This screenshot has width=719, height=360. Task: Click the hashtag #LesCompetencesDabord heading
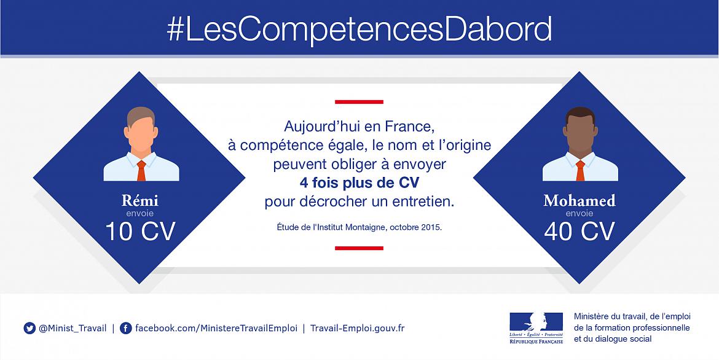[x=359, y=29]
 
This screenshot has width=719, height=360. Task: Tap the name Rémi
[x=140, y=201]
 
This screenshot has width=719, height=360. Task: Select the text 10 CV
[x=140, y=231]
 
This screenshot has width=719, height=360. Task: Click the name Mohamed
[x=580, y=201]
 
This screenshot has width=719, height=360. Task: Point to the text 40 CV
[x=580, y=231]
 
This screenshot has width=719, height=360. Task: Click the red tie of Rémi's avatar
[x=141, y=170]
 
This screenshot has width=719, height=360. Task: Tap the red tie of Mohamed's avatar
[x=580, y=170]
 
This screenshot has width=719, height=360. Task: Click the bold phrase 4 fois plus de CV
[x=359, y=183]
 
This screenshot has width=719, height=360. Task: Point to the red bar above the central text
[x=359, y=102]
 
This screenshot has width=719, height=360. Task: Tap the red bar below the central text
[x=359, y=248]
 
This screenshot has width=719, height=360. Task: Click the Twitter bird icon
[x=29, y=328]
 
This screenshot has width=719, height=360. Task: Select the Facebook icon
[x=125, y=328]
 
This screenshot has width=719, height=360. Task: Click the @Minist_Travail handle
[x=73, y=328]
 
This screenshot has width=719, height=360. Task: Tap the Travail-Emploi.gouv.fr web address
[x=357, y=328]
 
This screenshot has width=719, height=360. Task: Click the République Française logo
[x=536, y=328]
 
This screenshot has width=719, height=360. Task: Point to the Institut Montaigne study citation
[x=359, y=227]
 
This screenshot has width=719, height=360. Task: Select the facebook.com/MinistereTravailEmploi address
[x=216, y=328]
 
